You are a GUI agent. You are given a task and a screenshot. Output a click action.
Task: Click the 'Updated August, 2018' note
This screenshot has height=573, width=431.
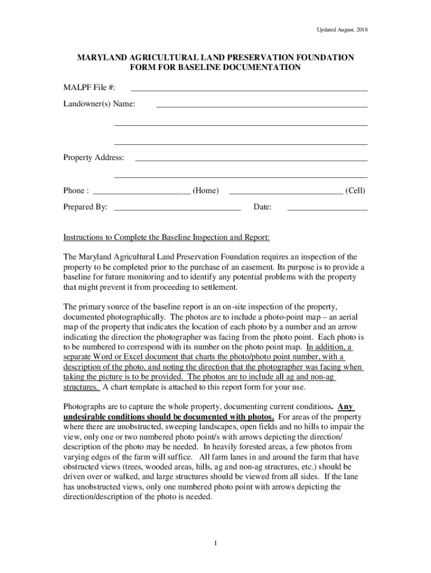pos(342,30)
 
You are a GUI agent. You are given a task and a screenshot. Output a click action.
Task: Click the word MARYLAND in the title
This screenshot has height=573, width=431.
pos(101,58)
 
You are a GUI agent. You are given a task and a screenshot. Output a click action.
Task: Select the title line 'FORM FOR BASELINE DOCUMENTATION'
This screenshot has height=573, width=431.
pos(215,68)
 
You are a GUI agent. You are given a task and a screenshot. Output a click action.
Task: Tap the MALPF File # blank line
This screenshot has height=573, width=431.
pos(249,90)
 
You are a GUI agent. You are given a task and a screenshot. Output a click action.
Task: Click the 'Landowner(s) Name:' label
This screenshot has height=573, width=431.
pos(99,104)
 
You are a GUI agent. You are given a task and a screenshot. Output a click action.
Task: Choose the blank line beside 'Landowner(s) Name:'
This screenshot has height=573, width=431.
pos(261,106)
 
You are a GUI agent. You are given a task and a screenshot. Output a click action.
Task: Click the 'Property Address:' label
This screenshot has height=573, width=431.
pos(93,158)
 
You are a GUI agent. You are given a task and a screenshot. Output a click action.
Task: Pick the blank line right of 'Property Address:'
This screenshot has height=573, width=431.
pos(251,161)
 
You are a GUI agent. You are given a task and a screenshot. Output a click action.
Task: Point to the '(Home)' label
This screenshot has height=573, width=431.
pos(205,191)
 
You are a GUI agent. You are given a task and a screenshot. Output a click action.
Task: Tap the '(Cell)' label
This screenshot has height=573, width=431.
pos(355,191)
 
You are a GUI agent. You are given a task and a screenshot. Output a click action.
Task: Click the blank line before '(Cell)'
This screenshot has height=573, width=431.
pos(286,194)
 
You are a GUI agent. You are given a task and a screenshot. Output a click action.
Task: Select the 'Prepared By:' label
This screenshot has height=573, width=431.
pos(85,208)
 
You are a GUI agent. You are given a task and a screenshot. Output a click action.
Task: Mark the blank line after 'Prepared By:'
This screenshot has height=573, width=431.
pos(177,210)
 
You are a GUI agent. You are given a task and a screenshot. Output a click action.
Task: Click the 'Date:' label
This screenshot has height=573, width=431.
pos(263,208)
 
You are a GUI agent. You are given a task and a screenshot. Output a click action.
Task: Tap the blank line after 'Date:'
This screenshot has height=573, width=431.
pos(327,210)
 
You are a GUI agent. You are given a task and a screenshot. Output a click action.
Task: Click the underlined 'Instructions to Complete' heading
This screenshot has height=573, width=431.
pos(166,237)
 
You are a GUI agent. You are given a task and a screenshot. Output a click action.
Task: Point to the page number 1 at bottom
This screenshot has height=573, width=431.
pos(215,543)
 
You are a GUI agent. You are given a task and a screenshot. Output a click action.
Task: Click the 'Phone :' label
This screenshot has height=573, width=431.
pos(76,191)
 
